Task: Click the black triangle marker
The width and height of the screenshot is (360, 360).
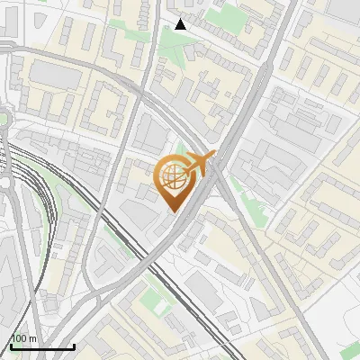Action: pos(181,24)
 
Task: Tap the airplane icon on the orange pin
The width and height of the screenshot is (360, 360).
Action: pos(198,165)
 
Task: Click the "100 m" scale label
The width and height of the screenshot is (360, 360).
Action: pos(24,338)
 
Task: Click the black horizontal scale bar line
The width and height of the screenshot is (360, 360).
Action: pos(42,346)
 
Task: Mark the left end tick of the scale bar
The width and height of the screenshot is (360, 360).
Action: pos(11,345)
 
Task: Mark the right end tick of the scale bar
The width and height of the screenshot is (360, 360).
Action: pos(74,345)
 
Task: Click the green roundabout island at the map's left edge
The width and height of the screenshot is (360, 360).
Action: pos(3,119)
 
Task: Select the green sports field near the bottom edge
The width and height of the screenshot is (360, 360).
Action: pos(160,307)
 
